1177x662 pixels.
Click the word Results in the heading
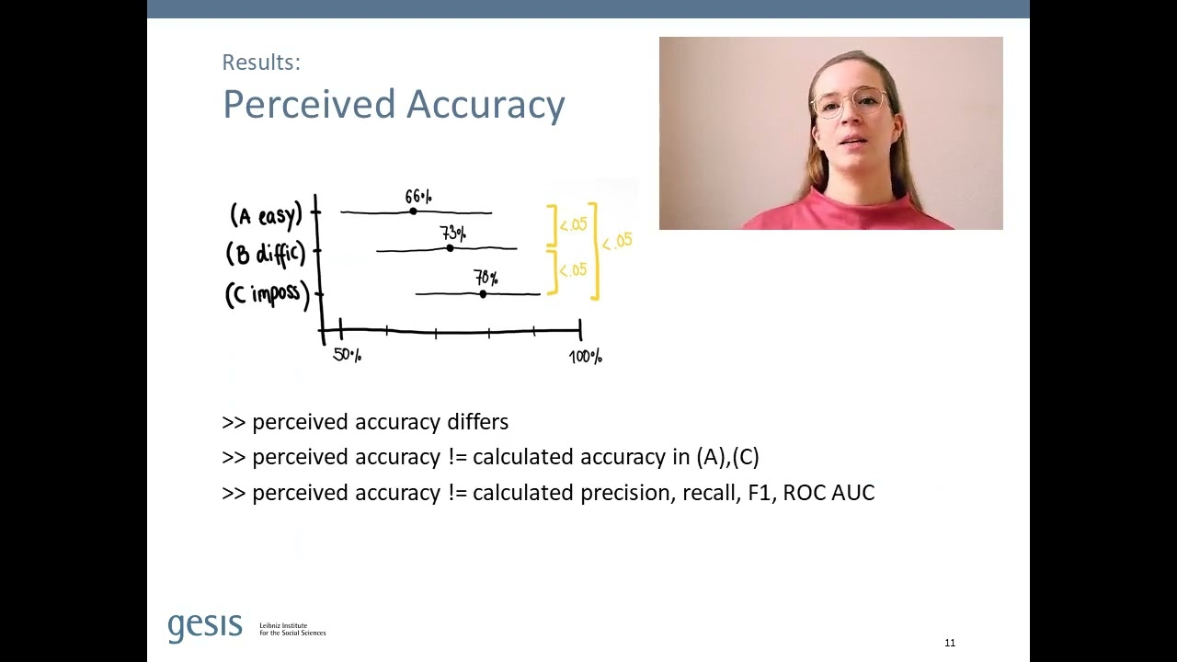[261, 63]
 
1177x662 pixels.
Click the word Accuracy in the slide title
[486, 105]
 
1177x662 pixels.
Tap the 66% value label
[417, 197]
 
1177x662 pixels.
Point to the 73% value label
[452, 234]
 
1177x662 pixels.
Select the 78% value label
[486, 278]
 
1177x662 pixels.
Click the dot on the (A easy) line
[413, 211]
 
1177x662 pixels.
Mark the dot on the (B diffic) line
[450, 248]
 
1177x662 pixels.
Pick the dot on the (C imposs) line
[483, 294]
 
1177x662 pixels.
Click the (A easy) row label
[266, 215]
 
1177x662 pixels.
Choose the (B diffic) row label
[265, 253]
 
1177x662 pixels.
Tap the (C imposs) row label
[267, 294]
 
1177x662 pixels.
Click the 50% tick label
[347, 355]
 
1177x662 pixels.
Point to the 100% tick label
[585, 357]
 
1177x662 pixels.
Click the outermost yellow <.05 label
[617, 242]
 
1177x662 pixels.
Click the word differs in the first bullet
[477, 422]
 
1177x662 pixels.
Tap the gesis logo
[205, 627]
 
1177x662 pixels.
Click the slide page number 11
[950, 643]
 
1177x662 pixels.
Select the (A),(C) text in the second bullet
[727, 457]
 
